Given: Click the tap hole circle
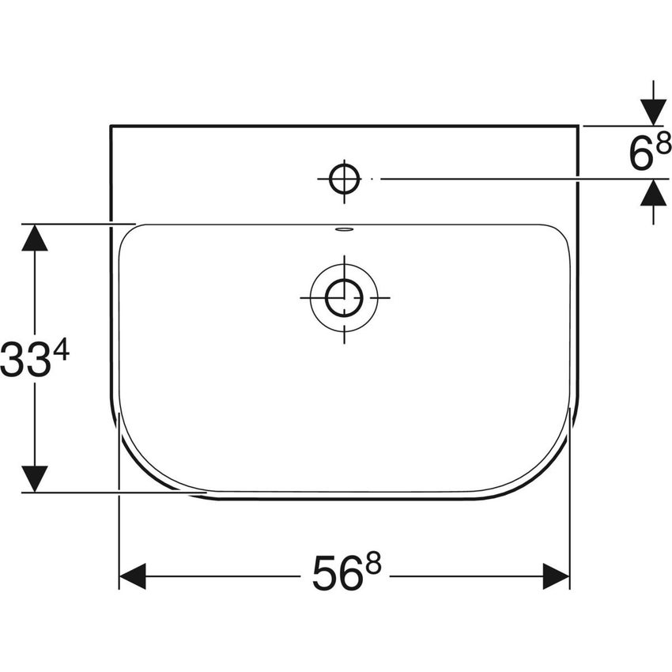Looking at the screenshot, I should point(345,179).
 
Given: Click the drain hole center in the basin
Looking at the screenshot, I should point(345,297).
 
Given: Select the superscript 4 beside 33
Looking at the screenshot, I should point(61,350).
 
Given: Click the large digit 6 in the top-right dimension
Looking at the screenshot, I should point(640,155).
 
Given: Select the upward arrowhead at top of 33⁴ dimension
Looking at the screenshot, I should point(34,237).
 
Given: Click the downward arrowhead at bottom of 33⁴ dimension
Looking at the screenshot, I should point(34,478).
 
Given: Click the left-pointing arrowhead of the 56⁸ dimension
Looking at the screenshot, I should point(132,576).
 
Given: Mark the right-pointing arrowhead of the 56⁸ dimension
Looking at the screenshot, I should point(556,576).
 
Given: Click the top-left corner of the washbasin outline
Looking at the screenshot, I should point(110,125).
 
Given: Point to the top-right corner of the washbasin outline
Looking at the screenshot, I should point(579,125).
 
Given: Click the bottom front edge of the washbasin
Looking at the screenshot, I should point(345,499).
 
